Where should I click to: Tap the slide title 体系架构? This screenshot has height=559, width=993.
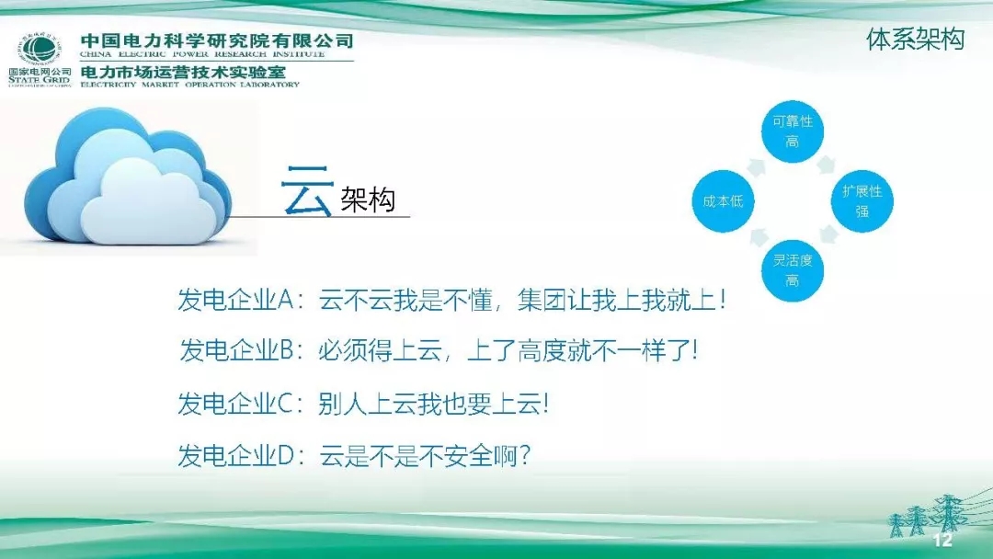coord(915,40)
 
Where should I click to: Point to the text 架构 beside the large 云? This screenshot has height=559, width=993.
coord(367,199)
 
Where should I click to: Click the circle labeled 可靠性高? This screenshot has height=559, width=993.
coord(792,131)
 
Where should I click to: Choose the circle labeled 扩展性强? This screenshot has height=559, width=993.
coord(862,200)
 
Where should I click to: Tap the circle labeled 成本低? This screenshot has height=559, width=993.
coord(723,200)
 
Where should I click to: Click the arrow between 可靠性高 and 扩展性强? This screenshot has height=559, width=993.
coord(827,165)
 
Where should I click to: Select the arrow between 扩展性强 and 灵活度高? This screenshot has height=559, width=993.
coord(827,236)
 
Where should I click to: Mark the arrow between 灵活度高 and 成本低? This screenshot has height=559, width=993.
coord(757,236)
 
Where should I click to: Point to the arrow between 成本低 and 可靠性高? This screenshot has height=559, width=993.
coord(757,165)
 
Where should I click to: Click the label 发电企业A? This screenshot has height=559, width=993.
coord(234,301)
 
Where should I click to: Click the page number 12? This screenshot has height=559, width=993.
coord(942,540)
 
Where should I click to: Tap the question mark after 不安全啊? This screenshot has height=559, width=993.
coord(524,454)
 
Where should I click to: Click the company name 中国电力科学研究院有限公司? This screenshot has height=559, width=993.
coord(217,41)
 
